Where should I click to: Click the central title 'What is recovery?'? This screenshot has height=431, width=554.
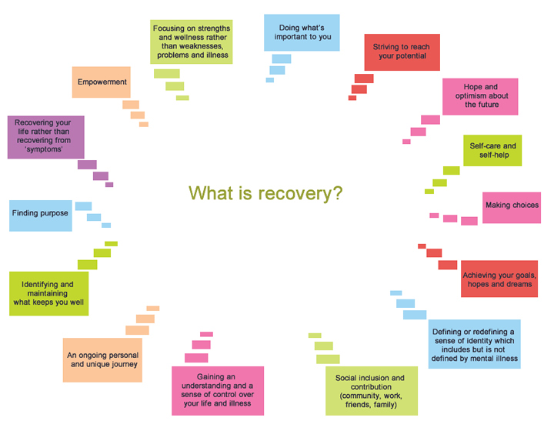265,193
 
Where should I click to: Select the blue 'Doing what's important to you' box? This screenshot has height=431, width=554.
302,32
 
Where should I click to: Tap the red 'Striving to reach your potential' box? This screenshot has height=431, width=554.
401,52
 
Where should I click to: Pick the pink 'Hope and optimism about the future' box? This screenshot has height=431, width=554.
481,95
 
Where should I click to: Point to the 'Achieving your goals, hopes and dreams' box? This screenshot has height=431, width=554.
499,279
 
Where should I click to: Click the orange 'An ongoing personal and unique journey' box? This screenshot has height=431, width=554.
103,360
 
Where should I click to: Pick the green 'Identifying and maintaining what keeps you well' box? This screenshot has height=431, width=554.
49,293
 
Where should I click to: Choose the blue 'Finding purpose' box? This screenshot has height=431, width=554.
40,215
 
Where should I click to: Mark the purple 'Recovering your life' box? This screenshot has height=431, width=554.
45,137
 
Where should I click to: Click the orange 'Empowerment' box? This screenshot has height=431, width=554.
100,82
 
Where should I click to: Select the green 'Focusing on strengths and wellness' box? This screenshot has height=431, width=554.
191,42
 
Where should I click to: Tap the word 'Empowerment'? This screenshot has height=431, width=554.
100,82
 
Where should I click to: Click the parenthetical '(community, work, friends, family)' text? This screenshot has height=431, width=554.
371,401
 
